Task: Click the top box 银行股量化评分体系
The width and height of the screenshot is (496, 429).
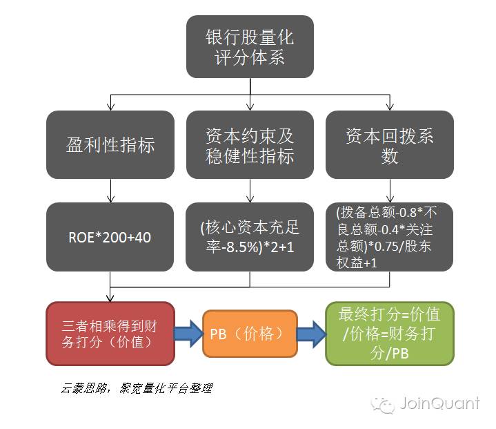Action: click(250, 46)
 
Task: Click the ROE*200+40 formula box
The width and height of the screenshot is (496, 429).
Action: click(110, 237)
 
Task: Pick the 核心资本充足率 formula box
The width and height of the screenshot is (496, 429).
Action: click(250, 237)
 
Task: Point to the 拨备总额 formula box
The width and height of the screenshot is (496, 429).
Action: click(390, 237)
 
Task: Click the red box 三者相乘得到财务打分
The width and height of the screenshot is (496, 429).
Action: click(110, 333)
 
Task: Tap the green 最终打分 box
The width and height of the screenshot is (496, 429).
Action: click(390, 333)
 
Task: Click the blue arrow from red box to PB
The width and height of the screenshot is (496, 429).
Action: click(188, 333)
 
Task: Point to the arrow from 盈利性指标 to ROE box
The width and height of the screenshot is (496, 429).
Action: click(110, 191)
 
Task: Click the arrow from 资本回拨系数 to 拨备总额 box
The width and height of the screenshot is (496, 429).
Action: click(390, 191)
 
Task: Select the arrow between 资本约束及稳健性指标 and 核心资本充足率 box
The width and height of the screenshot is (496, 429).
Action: click(250, 191)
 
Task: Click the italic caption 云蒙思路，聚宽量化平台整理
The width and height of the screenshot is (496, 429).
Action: click(135, 389)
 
